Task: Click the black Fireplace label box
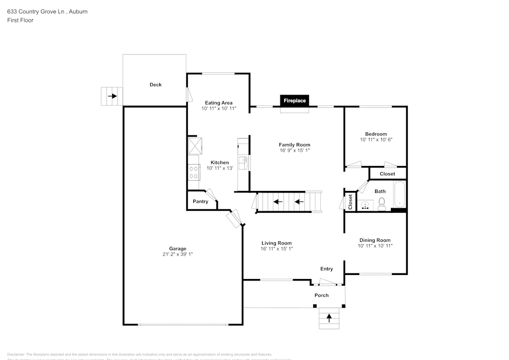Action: [295, 101]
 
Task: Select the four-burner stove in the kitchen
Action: [193, 172]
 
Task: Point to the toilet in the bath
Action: [382, 205]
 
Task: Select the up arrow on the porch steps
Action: [329, 318]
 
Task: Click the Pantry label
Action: [201, 202]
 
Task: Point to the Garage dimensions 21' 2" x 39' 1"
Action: [178, 255]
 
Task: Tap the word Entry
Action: [326, 269]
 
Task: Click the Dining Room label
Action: [375, 240]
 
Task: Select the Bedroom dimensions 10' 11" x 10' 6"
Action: [376, 140]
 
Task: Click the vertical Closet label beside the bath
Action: [350, 202]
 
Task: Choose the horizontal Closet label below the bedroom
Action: [387, 174]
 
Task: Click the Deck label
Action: [155, 85]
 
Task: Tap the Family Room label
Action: [294, 145]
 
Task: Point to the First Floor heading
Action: [20, 20]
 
